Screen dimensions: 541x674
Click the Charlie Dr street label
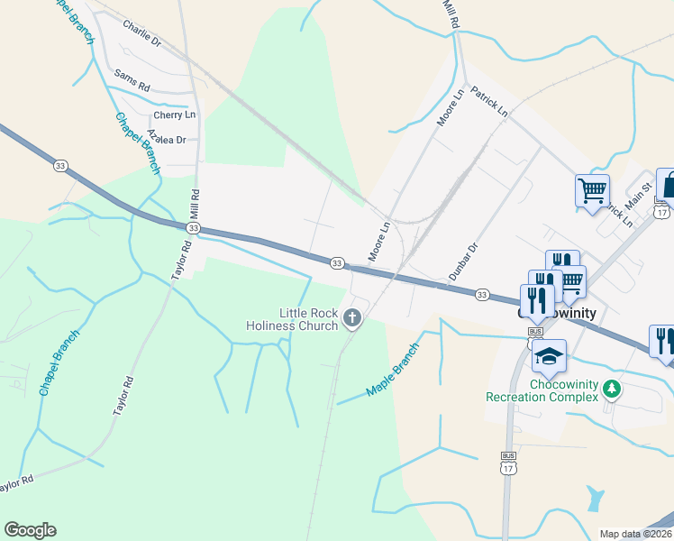tap(141, 41)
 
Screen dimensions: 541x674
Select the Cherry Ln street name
tap(174, 115)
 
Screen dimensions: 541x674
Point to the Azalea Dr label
tap(166, 140)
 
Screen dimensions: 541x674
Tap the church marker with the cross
tap(351, 318)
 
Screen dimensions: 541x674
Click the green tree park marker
tap(613, 390)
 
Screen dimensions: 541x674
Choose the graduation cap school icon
tap(549, 357)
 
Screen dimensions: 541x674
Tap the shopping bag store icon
tap(668, 185)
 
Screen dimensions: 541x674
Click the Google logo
tap(30, 530)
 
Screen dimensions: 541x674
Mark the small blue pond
tap(594, 498)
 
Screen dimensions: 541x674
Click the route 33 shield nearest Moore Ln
tap(336, 262)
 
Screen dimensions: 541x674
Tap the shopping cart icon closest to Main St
tap(592, 190)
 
